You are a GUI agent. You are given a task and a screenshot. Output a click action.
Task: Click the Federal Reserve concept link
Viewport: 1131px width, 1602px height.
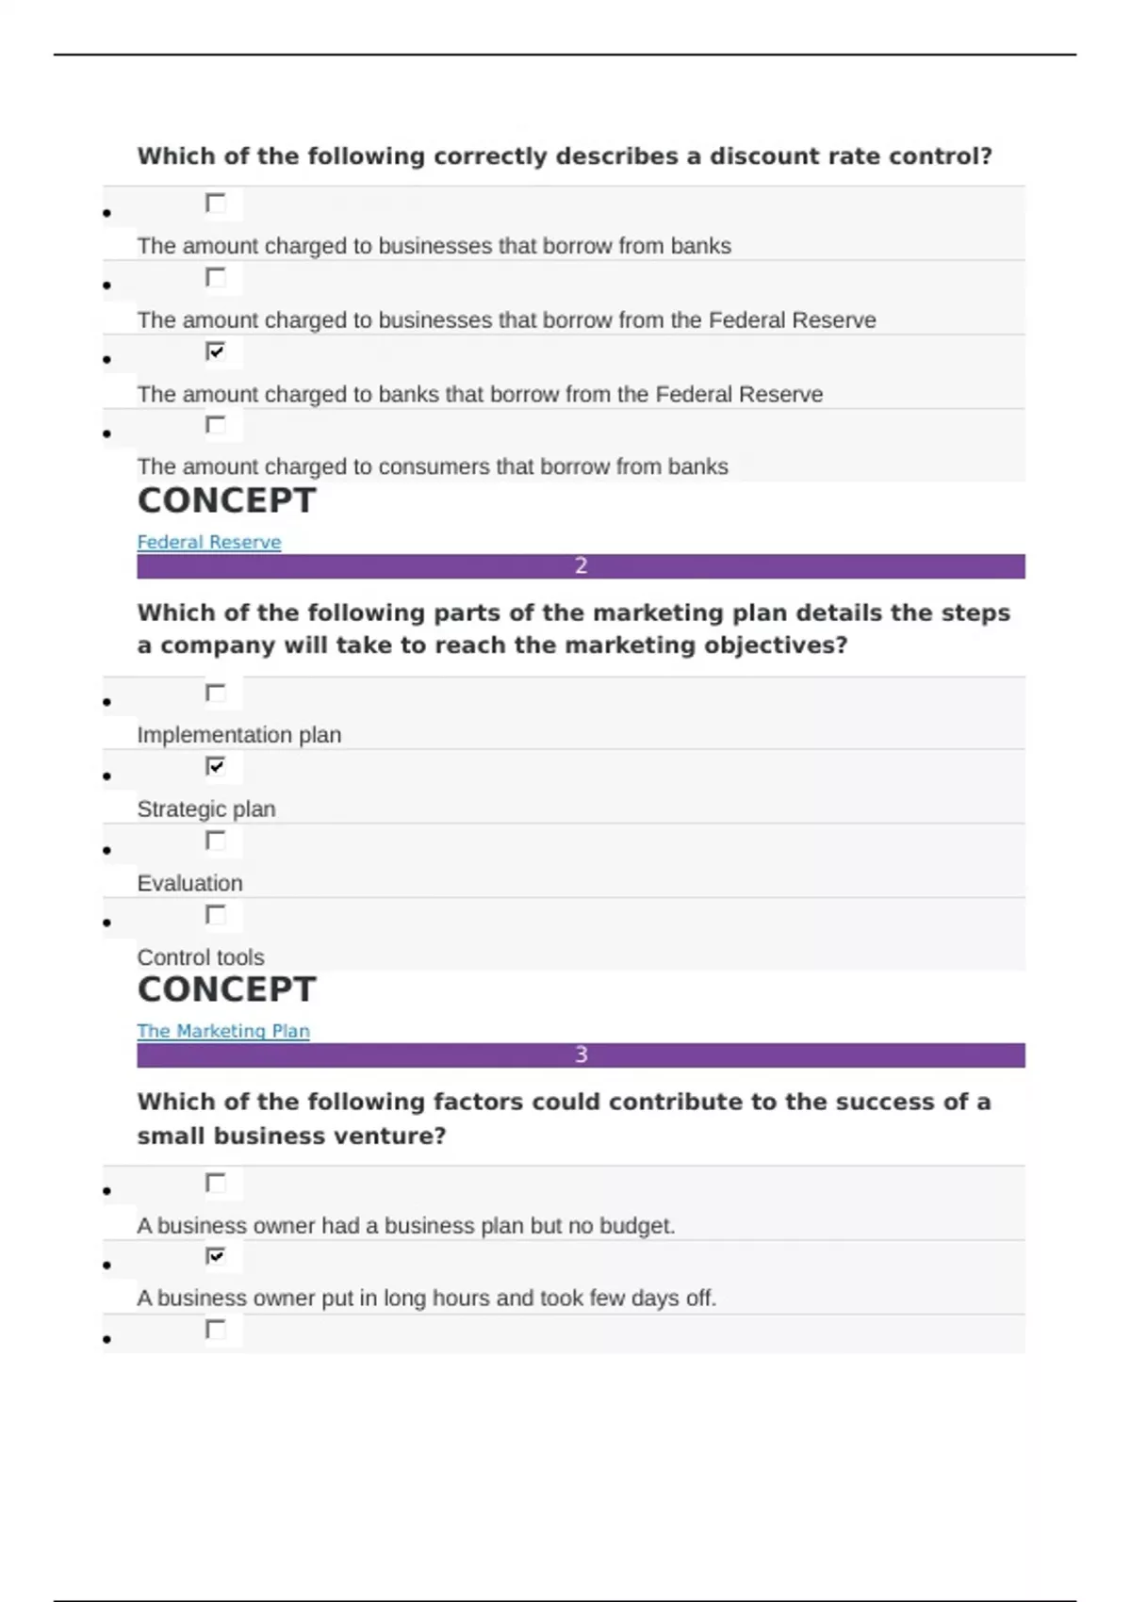pyautogui.click(x=208, y=542)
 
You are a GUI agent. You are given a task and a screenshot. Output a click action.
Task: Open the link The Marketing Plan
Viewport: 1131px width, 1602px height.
pyautogui.click(x=222, y=1031)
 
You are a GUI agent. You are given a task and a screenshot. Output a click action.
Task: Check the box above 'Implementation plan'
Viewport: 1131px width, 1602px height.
pyautogui.click(x=216, y=693)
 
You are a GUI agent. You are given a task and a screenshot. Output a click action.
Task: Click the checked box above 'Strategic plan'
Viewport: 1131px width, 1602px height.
pyautogui.click(x=216, y=766)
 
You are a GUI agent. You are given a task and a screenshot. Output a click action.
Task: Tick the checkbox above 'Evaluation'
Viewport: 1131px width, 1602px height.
pyautogui.click(x=216, y=840)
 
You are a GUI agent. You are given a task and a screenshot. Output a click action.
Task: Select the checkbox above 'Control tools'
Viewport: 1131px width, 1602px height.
pyautogui.click(x=216, y=914)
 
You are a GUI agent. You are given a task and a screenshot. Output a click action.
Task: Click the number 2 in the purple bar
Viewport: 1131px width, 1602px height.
pyautogui.click(x=581, y=565)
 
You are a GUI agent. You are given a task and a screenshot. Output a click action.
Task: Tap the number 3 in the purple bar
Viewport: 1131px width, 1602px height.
pyautogui.click(x=581, y=1054)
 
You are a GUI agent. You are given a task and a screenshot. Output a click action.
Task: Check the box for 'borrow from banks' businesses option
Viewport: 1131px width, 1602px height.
pyautogui.click(x=216, y=203)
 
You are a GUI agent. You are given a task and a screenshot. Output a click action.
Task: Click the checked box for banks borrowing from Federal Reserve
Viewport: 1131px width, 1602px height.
pyautogui.click(x=216, y=351)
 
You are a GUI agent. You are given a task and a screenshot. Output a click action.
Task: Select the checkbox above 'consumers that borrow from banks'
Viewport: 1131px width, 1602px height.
pyautogui.click(x=216, y=425)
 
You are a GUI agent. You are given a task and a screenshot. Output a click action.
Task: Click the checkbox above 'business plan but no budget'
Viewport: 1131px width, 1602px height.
pyautogui.click(x=216, y=1183)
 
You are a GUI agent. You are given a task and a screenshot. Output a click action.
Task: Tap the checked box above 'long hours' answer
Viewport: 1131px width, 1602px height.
pyautogui.click(x=216, y=1256)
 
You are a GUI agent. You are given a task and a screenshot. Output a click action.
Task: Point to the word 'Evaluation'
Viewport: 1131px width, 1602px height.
pyautogui.click(x=189, y=883)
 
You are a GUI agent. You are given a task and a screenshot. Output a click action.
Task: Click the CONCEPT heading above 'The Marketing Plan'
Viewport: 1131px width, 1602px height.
pyautogui.click(x=226, y=989)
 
